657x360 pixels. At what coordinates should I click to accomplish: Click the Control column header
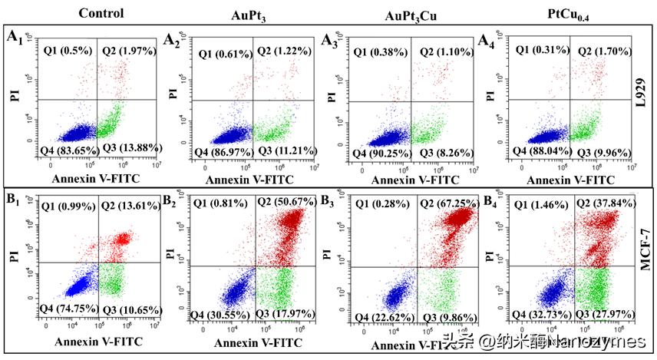click(85, 13)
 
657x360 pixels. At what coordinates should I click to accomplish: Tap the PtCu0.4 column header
click(562, 14)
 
